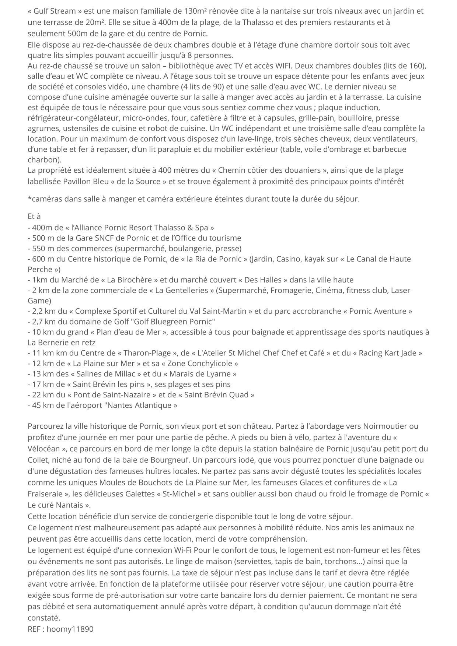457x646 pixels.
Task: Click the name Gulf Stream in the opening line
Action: (x=50, y=11)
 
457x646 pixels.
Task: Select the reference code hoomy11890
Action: (x=70, y=629)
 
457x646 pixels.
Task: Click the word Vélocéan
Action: (x=43, y=449)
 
